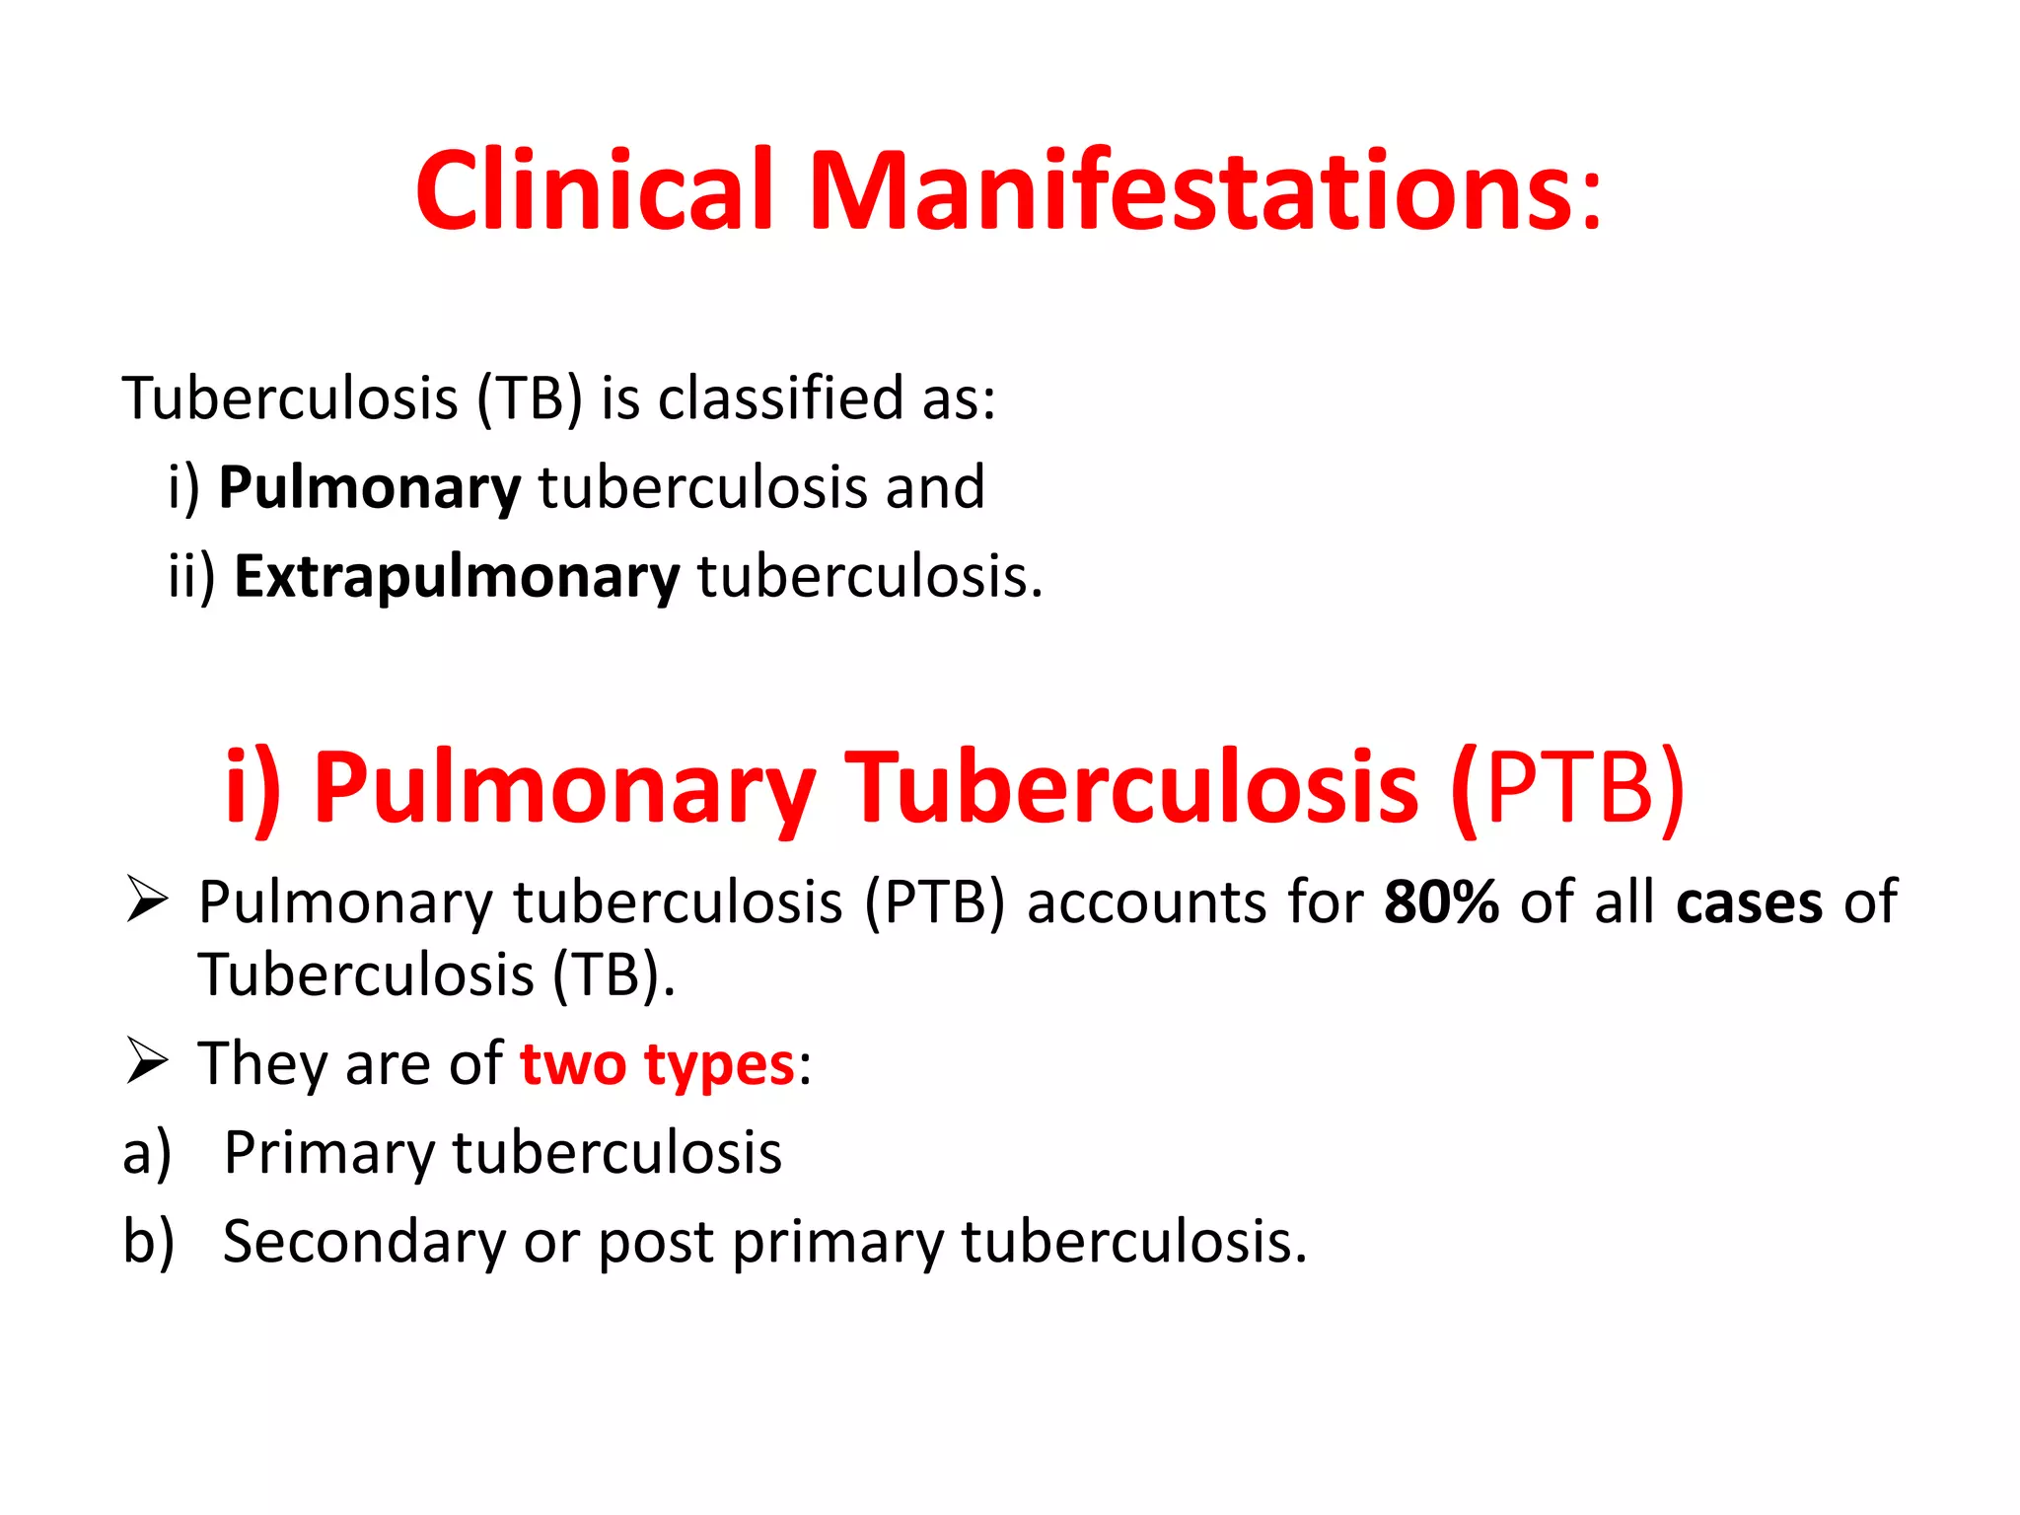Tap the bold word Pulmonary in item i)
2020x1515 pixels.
coord(369,488)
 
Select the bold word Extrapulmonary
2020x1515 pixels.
coord(457,577)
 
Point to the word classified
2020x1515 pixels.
coord(780,398)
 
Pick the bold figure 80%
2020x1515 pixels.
coord(1441,902)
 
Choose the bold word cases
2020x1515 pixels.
coord(1749,903)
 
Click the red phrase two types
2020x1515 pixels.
coord(657,1065)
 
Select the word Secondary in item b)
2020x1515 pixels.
coord(363,1242)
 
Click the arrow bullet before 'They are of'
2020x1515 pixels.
coord(148,1062)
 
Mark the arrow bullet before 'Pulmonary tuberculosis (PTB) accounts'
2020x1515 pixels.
coord(148,900)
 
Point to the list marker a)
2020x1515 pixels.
coord(147,1154)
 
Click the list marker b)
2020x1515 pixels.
coord(148,1242)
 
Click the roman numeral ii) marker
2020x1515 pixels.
coord(191,577)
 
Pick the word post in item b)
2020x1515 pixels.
coord(656,1243)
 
